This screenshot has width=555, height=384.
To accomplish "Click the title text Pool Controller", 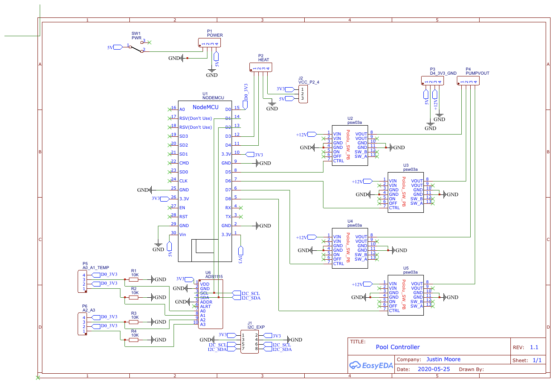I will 398,347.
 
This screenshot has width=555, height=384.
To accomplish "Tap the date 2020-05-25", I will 434,370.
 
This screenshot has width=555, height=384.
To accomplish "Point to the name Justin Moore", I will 443,359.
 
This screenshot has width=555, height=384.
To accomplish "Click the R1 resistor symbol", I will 133,279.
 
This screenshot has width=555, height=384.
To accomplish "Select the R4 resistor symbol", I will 133,340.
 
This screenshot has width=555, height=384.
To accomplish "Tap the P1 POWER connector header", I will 209,43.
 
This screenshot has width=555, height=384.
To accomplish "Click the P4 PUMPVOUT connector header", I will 468,81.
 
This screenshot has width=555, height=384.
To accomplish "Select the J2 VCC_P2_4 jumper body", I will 302,93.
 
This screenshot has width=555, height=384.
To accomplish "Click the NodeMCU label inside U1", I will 205,107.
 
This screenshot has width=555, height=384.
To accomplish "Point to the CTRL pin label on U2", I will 338,160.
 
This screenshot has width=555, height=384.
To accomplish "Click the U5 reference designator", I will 406,268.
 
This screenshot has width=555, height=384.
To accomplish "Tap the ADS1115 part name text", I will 214,277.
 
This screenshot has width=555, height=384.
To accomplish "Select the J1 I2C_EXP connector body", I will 249,342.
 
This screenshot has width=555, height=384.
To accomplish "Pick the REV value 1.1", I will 534,347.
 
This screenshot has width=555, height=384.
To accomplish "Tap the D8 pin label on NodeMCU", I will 228,198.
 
